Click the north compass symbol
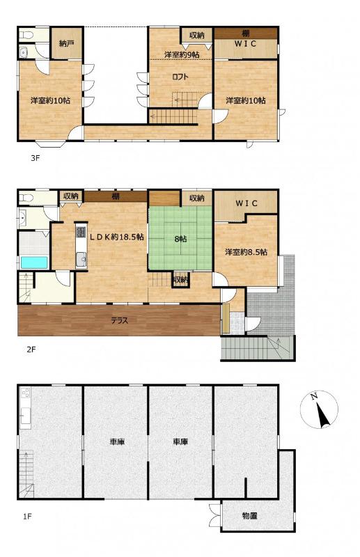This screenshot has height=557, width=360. [319, 409]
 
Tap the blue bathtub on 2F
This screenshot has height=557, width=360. [34, 262]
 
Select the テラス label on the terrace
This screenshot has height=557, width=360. [119, 320]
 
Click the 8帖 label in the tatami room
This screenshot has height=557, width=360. [180, 239]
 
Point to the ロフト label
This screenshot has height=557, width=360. [180, 77]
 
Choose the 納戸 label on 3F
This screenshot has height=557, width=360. [66, 44]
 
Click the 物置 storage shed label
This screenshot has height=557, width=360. [249, 516]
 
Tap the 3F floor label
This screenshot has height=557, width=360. [35, 158]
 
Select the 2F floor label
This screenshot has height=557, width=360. [31, 350]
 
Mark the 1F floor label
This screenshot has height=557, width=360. [27, 516]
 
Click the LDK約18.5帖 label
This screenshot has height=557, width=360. [116, 237]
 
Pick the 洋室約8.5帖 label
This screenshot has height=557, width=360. [246, 252]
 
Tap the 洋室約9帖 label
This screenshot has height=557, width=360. [182, 55]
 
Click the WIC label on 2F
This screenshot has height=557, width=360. [246, 203]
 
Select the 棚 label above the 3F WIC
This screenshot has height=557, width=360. [245, 33]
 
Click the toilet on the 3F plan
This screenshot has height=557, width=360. [26, 36]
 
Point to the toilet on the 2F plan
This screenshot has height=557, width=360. [26, 197]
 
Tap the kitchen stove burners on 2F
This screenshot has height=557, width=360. [81, 233]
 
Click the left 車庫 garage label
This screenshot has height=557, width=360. [116, 442]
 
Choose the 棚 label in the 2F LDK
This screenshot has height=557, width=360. [116, 196]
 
